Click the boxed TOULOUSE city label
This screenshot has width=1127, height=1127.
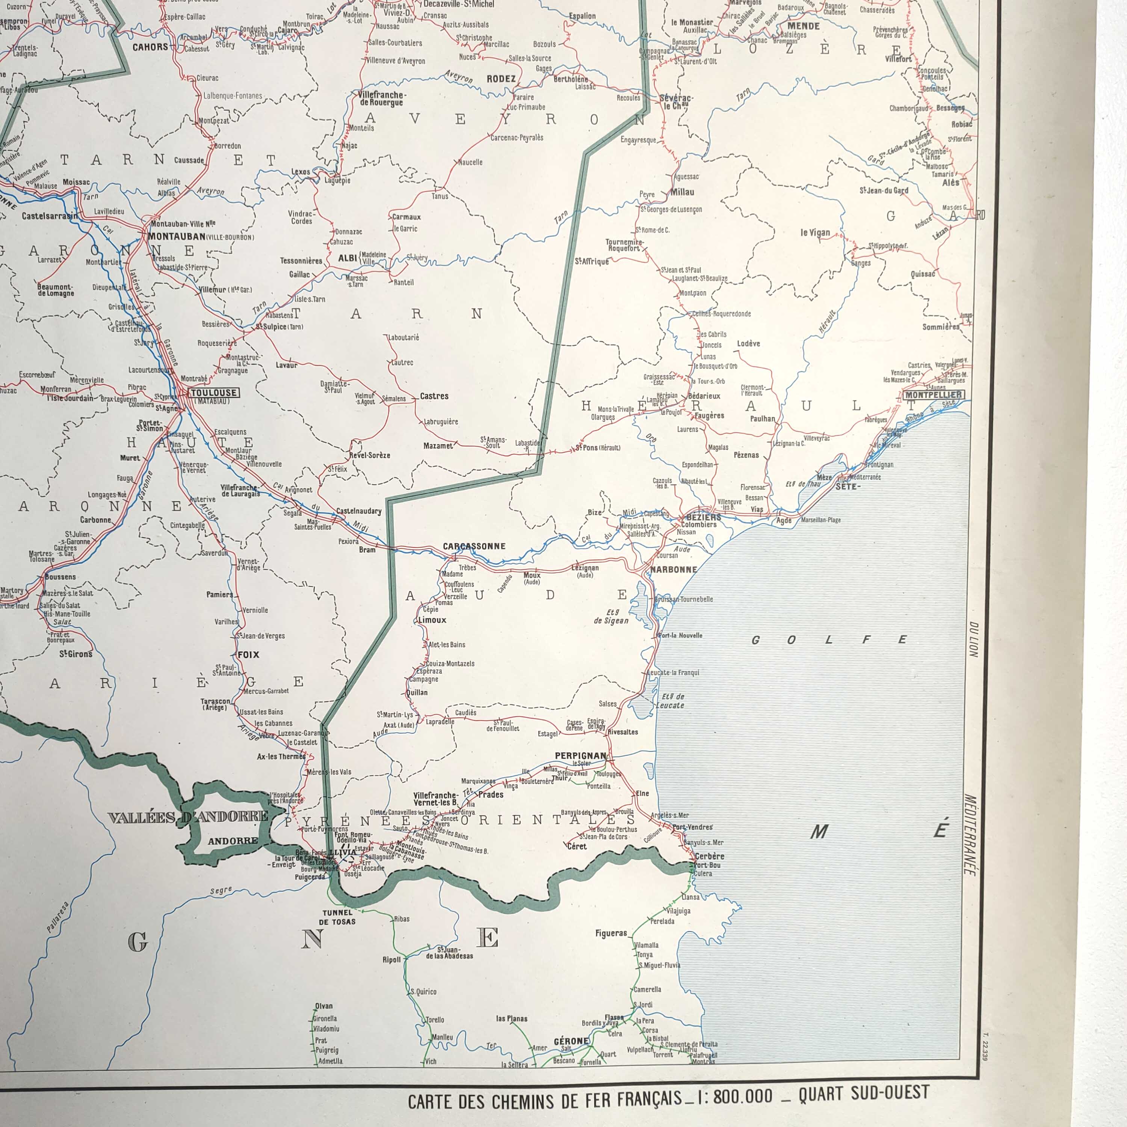pyautogui.click(x=214, y=393)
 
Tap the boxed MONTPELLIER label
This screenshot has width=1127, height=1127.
pyautogui.click(x=933, y=395)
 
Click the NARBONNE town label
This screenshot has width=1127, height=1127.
pyautogui.click(x=673, y=570)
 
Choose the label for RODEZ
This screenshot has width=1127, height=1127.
pyautogui.click(x=501, y=79)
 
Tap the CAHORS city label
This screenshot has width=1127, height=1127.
pyautogui.click(x=150, y=47)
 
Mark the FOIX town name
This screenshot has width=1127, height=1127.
pyautogui.click(x=248, y=654)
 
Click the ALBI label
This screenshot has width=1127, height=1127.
pyautogui.click(x=347, y=258)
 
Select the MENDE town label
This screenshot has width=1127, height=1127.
pyautogui.click(x=803, y=26)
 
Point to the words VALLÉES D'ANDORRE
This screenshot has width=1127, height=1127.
pyautogui.click(x=188, y=817)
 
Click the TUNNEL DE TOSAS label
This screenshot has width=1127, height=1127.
pyautogui.click(x=337, y=917)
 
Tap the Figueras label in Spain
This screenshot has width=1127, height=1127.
pyautogui.click(x=611, y=933)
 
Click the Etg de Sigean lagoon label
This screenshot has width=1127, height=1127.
pyautogui.click(x=611, y=616)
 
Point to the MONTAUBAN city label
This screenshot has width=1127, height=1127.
pyautogui.click(x=177, y=237)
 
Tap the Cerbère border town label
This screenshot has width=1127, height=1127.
pyautogui.click(x=709, y=857)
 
